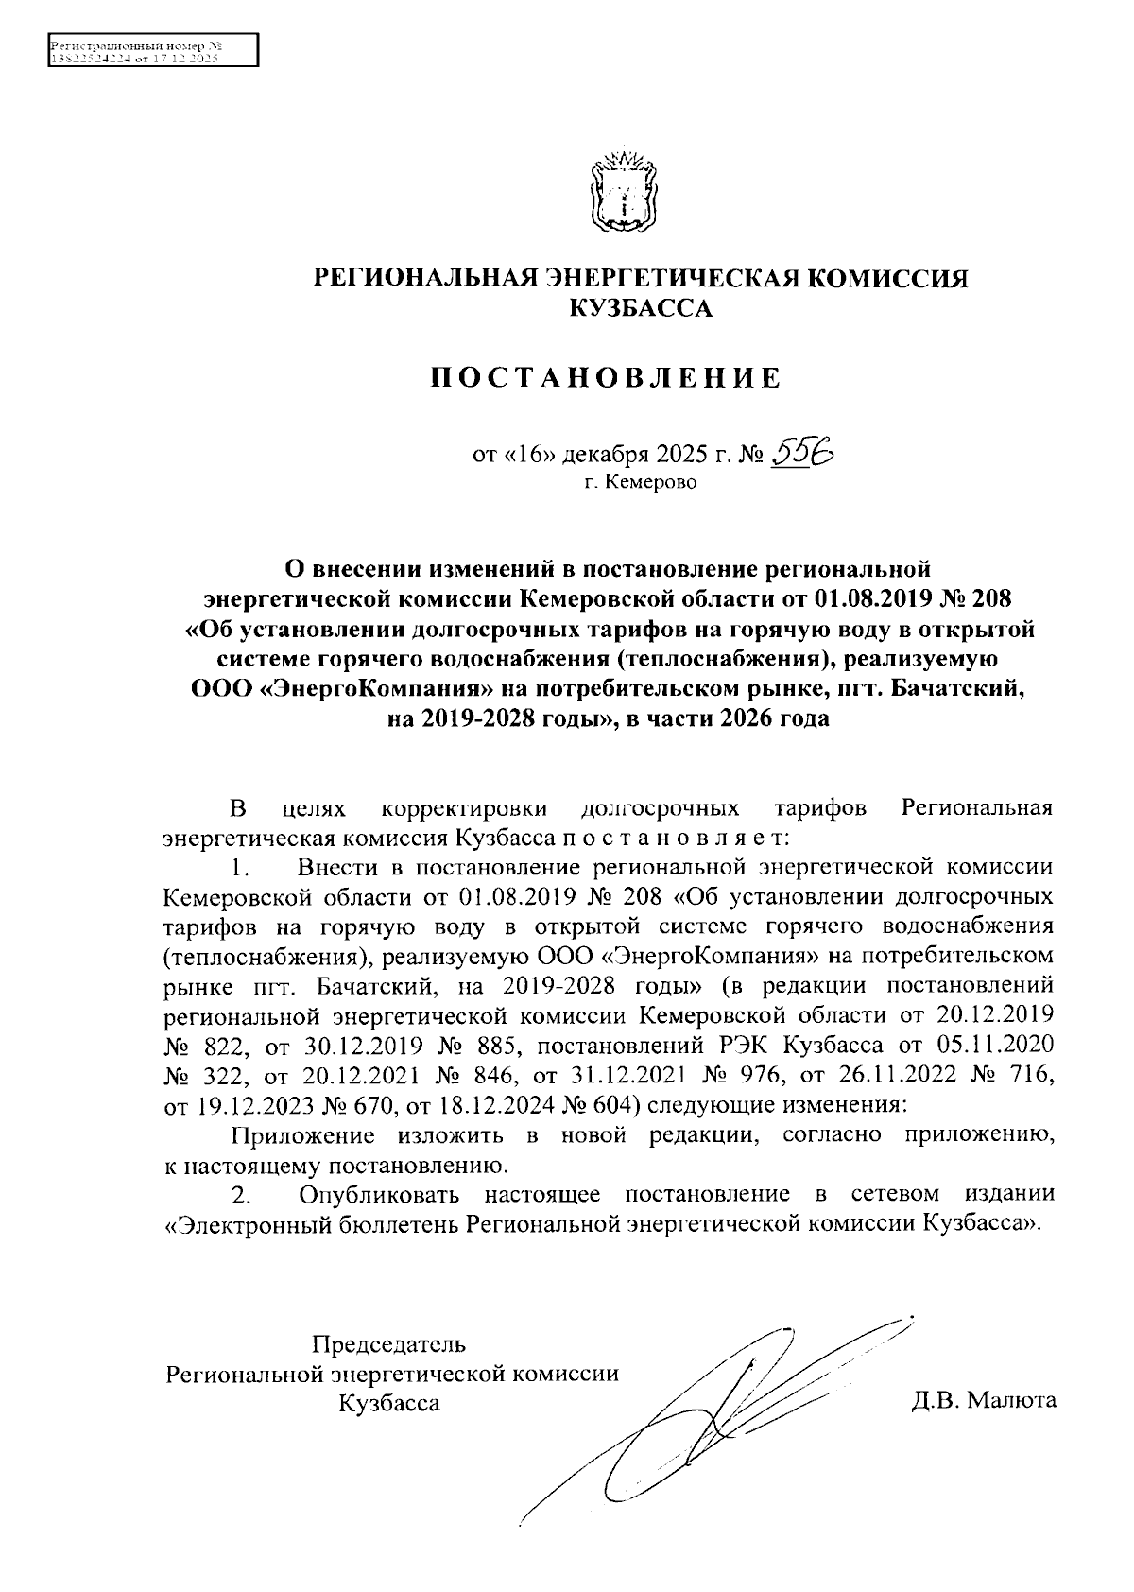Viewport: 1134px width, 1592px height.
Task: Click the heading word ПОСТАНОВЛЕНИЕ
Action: [607, 379]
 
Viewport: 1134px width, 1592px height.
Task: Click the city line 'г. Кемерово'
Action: [639, 484]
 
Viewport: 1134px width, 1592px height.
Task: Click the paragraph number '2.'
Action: [242, 1196]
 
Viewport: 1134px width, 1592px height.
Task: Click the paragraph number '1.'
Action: [242, 867]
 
